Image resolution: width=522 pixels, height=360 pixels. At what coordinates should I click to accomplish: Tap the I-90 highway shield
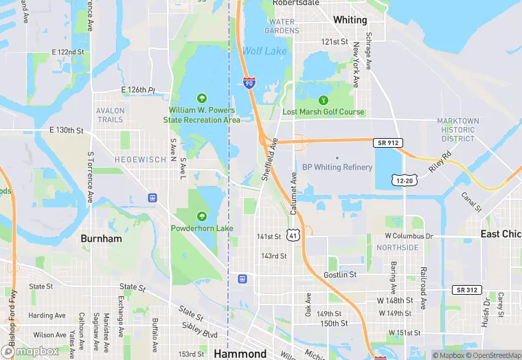249,83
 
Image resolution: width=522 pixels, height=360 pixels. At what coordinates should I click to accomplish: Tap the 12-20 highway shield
404,180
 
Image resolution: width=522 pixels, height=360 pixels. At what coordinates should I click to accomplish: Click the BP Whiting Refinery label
337,167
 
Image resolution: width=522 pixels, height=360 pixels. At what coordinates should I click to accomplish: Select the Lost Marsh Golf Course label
324,112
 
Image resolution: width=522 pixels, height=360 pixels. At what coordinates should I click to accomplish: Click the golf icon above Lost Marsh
324,100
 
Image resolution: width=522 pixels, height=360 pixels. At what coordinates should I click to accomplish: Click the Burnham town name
101,239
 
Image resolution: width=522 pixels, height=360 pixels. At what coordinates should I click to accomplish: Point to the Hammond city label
240,354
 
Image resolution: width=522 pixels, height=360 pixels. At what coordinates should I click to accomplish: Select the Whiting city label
350,20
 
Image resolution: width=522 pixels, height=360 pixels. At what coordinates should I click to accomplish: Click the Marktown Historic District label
457,130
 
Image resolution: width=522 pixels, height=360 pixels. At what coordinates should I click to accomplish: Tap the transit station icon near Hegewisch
152,198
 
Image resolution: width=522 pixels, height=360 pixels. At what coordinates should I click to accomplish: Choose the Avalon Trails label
111,115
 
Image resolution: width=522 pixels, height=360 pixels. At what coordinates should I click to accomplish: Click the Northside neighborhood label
397,247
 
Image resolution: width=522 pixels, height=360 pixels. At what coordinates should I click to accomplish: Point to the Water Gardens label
281,26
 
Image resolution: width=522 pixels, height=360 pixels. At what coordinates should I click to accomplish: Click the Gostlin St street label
340,275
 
